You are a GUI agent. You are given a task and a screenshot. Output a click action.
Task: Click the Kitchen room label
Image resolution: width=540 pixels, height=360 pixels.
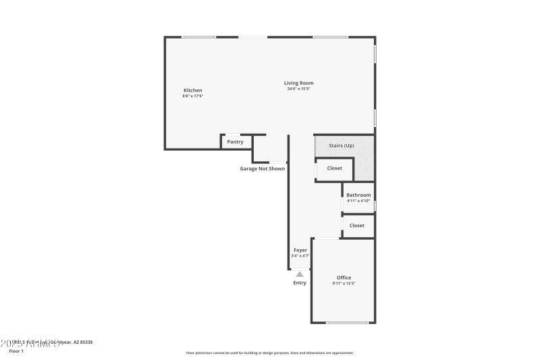tap(193, 91)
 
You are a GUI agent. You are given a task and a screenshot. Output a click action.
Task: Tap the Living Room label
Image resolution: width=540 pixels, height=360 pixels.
tap(298, 83)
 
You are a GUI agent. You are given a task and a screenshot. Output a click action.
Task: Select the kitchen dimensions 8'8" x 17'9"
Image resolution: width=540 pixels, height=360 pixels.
tap(193, 96)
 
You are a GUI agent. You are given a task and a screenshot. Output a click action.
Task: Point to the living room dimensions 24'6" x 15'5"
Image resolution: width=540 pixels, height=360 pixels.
tap(298, 89)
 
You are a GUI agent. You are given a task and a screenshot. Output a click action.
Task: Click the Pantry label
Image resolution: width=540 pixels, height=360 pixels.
tap(235, 142)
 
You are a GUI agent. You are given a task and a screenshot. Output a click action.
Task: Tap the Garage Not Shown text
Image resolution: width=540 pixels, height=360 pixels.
tap(263, 169)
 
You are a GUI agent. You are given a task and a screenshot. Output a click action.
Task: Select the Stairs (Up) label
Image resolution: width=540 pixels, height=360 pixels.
tap(341, 146)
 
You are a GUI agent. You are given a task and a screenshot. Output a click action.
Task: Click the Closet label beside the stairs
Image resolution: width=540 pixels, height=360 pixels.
tap(335, 168)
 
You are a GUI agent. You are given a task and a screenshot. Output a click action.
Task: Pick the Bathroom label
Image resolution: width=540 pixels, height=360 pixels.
tap(358, 195)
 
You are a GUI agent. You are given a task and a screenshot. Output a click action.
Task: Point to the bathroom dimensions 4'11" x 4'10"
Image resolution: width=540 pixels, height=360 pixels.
tap(358, 201)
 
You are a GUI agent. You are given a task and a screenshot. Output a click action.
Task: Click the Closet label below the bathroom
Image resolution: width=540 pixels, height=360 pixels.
tap(357, 226)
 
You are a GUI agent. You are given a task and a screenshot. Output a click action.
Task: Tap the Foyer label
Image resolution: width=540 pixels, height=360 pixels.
tap(300, 251)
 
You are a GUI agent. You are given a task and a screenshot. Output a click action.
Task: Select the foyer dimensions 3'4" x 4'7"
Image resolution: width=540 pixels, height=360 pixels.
tap(300, 256)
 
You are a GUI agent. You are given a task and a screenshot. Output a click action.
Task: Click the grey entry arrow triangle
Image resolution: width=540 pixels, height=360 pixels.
tap(300, 274)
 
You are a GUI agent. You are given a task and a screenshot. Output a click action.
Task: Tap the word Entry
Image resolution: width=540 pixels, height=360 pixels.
tap(300, 283)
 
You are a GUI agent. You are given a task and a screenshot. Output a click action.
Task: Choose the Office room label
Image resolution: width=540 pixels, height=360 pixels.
tap(344, 278)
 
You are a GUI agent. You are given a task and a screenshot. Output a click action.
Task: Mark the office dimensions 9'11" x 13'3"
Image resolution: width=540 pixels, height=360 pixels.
tap(344, 284)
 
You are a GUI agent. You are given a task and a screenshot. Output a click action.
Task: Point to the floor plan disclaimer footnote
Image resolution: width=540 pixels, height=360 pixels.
tap(269, 353)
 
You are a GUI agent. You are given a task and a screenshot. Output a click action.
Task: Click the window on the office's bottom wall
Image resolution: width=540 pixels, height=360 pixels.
tap(348, 322)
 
